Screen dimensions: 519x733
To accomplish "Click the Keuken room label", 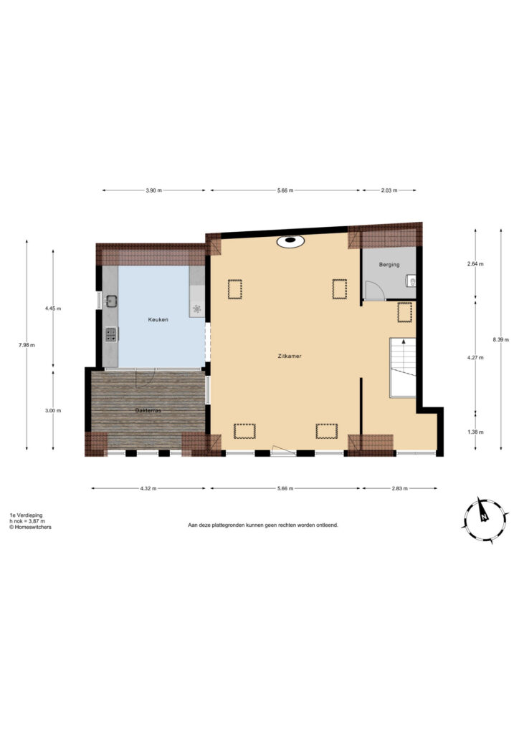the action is pyautogui.click(x=158, y=320).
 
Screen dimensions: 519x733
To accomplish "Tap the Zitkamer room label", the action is pyautogui.click(x=290, y=356).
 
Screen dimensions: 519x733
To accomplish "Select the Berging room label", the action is pyautogui.click(x=389, y=265).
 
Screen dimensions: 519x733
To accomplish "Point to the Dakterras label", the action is pyautogui.click(x=148, y=410).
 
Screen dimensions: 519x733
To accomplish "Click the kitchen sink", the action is pyautogui.click(x=111, y=301).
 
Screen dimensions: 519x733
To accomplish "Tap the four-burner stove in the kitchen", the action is pyautogui.click(x=111, y=334).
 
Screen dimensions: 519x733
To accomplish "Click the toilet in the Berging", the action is pyautogui.click(x=411, y=281).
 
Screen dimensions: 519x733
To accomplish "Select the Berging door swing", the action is pyautogui.click(x=374, y=290).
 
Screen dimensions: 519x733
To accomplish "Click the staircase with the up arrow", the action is pyautogui.click(x=402, y=367).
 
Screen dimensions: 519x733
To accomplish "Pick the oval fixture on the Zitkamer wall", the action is pyautogui.click(x=290, y=241).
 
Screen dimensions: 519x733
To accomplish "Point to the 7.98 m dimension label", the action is pyautogui.click(x=27, y=346).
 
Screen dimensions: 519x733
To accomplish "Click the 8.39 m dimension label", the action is pyautogui.click(x=501, y=340).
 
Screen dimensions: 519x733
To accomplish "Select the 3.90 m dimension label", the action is pyautogui.click(x=153, y=190).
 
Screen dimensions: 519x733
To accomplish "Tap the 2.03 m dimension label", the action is pyautogui.click(x=389, y=190).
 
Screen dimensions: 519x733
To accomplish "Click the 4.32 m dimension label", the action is pyautogui.click(x=148, y=488).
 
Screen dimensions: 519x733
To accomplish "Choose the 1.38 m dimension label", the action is pyautogui.click(x=475, y=432).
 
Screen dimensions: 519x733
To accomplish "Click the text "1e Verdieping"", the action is pyautogui.click(x=26, y=515).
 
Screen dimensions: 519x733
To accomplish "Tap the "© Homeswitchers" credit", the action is pyautogui.click(x=30, y=527).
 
